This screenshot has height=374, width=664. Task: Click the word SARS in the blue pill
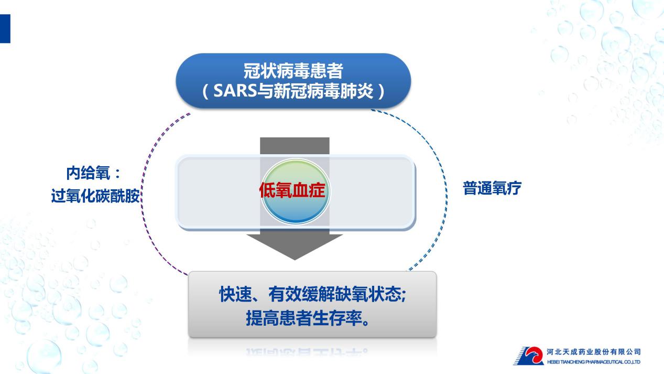pos(234,91)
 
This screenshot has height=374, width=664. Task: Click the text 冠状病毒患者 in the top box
pos(293,71)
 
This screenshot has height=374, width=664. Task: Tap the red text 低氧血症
pos(292,190)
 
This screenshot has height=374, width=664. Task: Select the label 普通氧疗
pos(492,188)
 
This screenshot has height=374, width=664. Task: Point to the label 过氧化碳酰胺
pos(95,196)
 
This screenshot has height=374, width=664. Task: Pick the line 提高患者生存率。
pos(308,318)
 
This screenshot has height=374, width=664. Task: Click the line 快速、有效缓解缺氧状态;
pos(312,294)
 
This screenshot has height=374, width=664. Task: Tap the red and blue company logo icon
pos(529,356)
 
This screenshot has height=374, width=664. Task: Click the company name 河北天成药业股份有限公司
pos(593,352)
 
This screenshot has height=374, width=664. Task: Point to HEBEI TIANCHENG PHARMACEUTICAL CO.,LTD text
pos(593,362)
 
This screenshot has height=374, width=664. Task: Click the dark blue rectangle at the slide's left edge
pos(5,29)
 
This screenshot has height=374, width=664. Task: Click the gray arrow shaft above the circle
pos(295,146)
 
